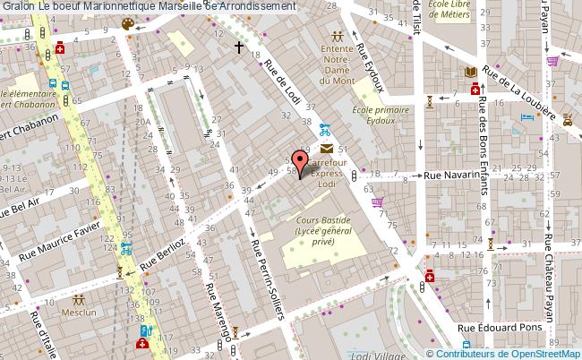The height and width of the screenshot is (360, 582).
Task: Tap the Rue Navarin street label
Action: [452, 176]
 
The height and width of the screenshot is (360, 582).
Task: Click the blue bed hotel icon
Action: [526, 116]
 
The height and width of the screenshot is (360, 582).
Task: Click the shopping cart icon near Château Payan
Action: [552, 62]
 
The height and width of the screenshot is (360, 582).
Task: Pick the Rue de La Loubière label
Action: [533, 95]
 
